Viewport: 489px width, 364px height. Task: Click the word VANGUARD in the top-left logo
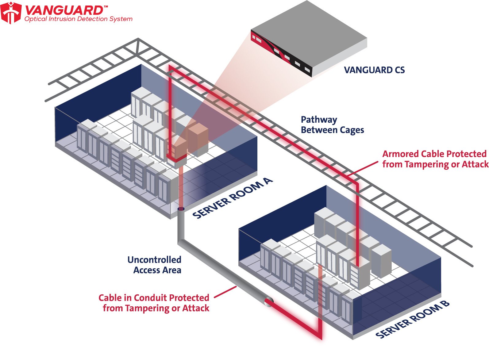click(x=64, y=10)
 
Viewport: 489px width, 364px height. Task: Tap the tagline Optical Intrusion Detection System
click(x=79, y=19)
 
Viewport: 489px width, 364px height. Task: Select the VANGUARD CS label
click(x=374, y=70)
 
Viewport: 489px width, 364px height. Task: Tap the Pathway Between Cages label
click(x=332, y=125)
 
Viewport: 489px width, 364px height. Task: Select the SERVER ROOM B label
click(x=412, y=320)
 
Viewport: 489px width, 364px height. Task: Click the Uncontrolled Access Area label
click(x=155, y=265)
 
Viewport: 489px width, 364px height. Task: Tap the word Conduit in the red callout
click(x=150, y=298)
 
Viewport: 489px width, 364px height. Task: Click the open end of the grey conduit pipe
click(x=269, y=301)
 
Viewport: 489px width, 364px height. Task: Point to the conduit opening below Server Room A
click(x=181, y=209)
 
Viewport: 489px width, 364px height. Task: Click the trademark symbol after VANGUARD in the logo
click(x=106, y=6)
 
